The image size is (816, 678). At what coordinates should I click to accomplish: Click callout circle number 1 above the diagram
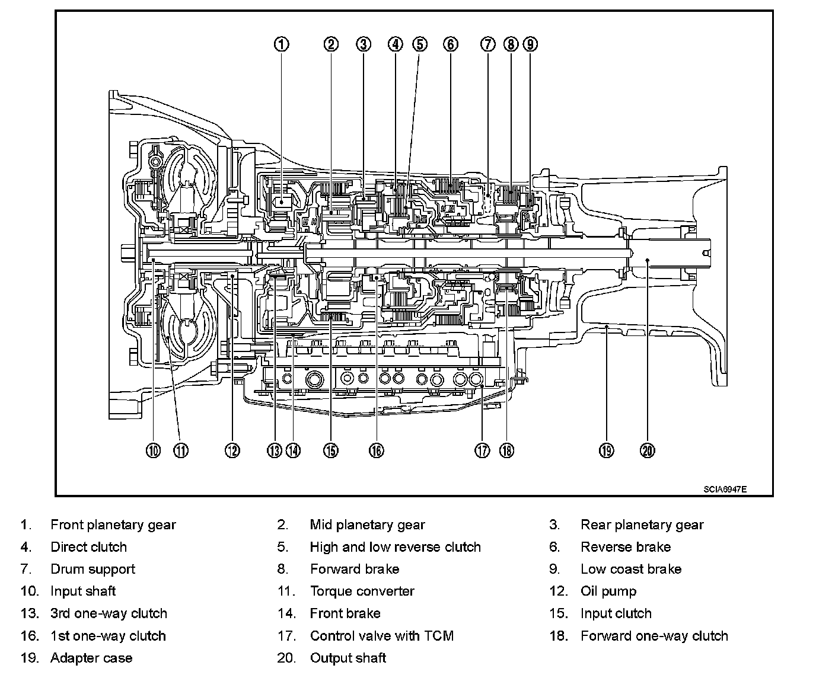[282, 44]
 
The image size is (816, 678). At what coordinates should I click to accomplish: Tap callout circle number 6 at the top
[451, 44]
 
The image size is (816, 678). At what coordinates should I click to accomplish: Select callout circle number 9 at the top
[530, 44]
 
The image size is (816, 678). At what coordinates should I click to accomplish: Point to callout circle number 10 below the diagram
[153, 450]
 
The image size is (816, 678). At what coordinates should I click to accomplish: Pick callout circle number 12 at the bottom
[232, 450]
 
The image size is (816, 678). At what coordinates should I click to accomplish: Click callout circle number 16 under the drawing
[376, 450]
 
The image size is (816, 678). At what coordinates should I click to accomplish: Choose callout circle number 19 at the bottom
[605, 450]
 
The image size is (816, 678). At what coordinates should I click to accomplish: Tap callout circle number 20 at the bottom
[648, 450]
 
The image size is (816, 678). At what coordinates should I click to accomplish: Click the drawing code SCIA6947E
[725, 490]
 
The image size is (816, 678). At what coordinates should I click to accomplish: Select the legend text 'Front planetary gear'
[113, 525]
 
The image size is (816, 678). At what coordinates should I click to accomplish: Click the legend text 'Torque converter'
[362, 591]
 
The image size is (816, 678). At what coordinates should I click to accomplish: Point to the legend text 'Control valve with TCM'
[381, 636]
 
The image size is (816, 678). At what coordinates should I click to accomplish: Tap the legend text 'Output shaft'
[348, 658]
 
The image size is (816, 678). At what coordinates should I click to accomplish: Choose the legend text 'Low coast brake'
[631, 569]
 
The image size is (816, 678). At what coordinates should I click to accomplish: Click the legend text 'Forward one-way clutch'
[654, 636]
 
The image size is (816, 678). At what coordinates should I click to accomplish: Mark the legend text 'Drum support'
[93, 569]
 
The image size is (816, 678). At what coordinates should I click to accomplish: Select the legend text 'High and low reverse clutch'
[395, 547]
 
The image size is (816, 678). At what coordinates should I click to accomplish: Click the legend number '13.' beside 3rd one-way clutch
[29, 613]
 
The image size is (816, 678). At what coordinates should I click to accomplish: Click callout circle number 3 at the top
[364, 44]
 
